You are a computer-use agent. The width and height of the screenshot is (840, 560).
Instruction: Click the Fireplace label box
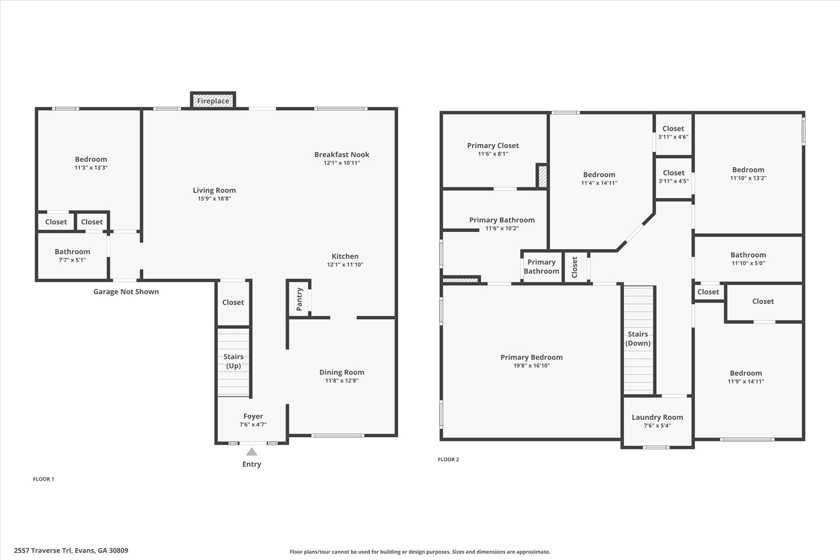213,101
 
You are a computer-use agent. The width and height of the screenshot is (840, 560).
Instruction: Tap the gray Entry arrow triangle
251,452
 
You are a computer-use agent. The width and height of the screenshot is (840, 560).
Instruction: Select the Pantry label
299,299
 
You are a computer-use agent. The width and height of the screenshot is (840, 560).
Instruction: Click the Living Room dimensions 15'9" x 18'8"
214,199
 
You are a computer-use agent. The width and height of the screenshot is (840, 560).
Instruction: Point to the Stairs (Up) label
233,361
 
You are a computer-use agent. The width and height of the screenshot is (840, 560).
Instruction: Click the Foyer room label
253,416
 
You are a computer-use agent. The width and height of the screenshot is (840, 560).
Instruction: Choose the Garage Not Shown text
126,292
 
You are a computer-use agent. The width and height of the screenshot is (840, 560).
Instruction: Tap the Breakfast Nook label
342,155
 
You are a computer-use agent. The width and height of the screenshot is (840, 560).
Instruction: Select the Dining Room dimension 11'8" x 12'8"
342,381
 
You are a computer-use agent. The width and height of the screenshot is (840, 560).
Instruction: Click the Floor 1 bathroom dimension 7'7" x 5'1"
72,260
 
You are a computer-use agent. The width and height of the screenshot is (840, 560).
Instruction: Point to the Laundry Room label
657,417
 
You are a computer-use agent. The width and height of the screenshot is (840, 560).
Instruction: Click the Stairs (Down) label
638,338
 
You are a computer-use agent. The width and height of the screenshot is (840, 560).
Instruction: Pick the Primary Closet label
493,146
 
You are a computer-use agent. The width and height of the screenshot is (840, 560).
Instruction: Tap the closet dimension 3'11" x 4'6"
673,137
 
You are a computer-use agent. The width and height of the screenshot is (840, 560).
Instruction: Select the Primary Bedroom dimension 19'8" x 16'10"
531,366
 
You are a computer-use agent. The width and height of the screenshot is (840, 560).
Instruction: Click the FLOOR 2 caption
448,459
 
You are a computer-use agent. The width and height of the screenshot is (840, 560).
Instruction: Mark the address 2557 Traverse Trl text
71,551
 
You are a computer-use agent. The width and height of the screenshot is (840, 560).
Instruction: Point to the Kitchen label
345,256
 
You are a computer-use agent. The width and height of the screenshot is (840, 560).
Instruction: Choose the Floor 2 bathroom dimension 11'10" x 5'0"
748,263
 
